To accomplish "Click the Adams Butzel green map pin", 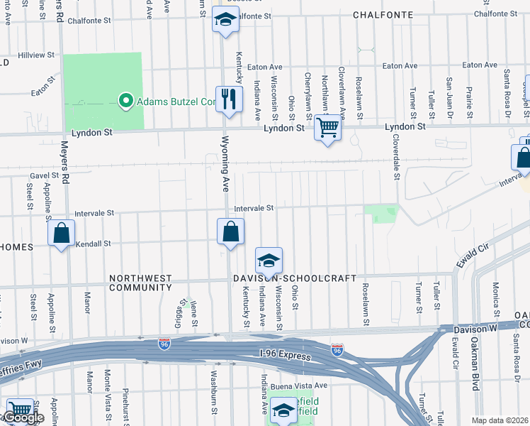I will (x=126, y=101).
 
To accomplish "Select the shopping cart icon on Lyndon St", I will (x=327, y=128).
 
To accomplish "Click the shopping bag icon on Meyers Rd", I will (x=62, y=233).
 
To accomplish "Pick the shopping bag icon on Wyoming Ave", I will (x=230, y=231).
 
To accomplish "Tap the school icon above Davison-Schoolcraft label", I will (x=269, y=261).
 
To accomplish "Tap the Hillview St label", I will (x=36, y=55).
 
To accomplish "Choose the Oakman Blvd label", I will (x=475, y=363).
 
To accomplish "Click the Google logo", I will (x=23, y=418).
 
